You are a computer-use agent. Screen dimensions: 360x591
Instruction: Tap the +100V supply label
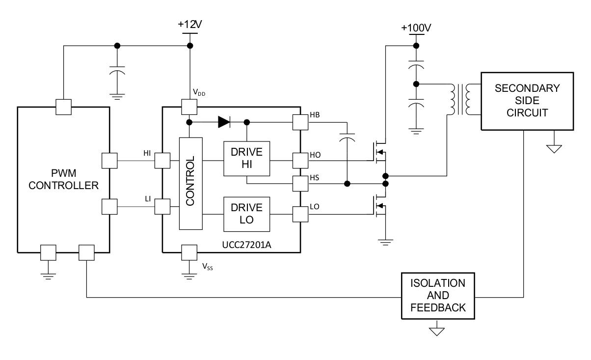(415, 28)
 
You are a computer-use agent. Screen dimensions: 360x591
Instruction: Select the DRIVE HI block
(246, 159)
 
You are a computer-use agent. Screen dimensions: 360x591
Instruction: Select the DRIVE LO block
(246, 214)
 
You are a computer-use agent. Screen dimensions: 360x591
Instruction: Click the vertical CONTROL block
(191, 183)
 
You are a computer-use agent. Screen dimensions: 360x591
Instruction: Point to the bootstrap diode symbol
(224, 122)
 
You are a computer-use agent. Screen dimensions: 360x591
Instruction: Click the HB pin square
(300, 122)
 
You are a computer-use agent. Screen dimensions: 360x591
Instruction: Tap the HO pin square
(300, 160)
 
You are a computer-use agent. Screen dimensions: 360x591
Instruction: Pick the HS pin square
(300, 184)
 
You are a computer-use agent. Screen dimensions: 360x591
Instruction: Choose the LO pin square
(300, 214)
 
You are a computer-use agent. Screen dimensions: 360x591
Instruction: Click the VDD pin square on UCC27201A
(189, 106)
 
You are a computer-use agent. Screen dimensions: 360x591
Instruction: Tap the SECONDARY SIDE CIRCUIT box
(527, 101)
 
